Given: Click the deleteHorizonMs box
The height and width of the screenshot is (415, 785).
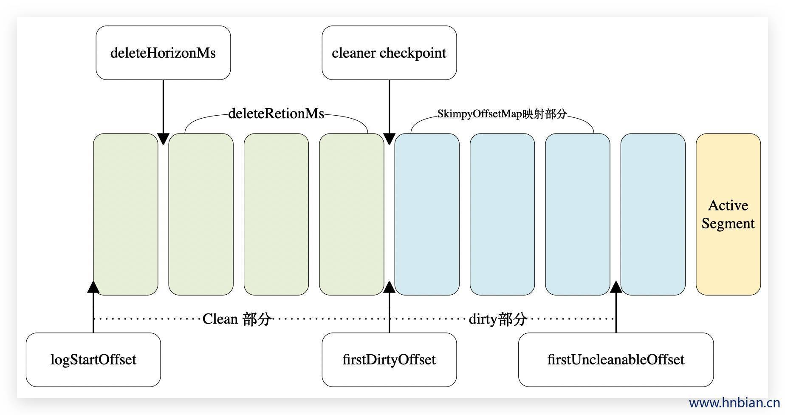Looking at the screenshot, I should coord(163,53).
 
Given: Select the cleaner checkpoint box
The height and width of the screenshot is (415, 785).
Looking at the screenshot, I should coord(389,53).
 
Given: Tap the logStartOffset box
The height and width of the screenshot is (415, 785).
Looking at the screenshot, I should coord(93,360).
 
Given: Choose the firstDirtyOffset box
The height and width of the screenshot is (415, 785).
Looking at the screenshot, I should coord(389,360).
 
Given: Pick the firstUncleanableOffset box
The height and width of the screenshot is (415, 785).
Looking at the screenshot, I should coord(616,360).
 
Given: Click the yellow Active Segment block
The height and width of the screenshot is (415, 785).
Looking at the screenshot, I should coord(728,214).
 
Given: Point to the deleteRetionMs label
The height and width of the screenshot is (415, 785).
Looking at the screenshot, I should coord(276,114).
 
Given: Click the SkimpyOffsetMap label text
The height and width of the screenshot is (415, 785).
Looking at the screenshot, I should coord(502,114).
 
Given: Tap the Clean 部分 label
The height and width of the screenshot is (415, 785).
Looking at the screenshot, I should coord(237,319).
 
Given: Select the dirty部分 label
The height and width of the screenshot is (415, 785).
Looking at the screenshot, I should coord(498,319).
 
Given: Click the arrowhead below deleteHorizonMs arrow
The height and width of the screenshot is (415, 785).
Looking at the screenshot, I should coord(163,139).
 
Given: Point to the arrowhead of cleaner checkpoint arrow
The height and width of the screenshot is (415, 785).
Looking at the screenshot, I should coord(389,139).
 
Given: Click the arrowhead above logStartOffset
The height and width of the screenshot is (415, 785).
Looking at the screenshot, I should coord(93,287).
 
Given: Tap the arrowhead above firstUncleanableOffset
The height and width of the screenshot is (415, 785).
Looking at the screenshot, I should coord(616,287).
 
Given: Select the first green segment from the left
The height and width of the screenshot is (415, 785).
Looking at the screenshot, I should coord(126,214).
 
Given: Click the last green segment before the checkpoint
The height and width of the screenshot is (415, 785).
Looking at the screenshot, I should coord(352,214).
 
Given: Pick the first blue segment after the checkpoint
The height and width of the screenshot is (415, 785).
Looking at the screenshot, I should coord(427,214).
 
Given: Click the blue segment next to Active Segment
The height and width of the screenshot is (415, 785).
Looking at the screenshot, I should coord(653,214).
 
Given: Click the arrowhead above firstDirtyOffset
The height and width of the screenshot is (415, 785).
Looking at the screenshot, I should coord(389,287).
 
